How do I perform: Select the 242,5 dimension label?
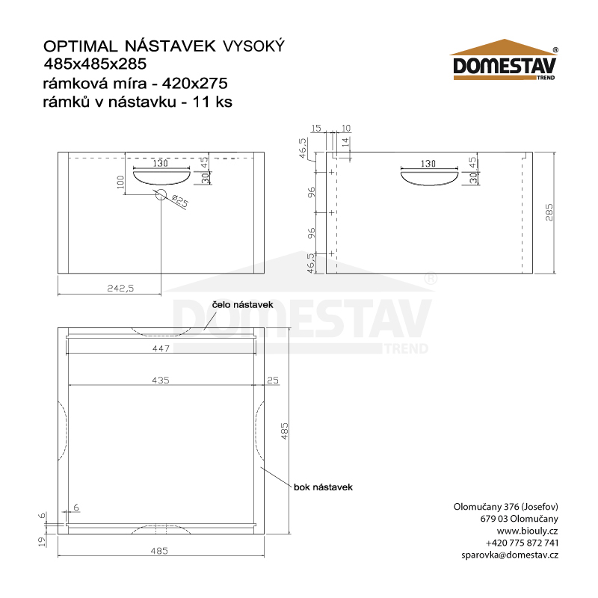click(x=120, y=288)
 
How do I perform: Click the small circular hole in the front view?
click(x=161, y=195)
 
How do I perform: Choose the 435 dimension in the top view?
click(x=161, y=380)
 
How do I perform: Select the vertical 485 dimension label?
click(x=284, y=431)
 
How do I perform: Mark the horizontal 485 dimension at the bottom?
click(x=160, y=551)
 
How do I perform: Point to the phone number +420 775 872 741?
click(x=522, y=543)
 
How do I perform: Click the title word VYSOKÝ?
click(x=254, y=47)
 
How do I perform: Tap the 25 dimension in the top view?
click(x=272, y=380)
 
